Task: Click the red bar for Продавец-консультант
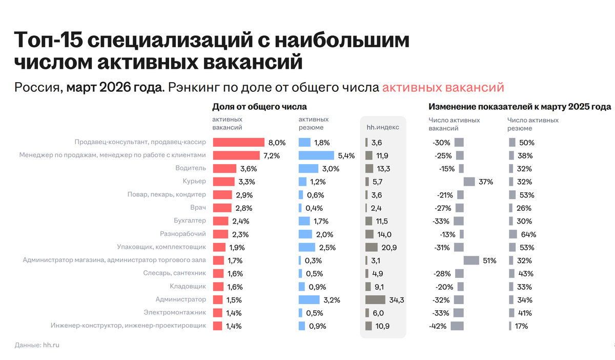pyautogui.click(x=239, y=143)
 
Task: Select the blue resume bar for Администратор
pyautogui.click(x=309, y=299)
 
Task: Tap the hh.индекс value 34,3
pyautogui.click(x=397, y=300)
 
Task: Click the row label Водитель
pyautogui.click(x=191, y=168)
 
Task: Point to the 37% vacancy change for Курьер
pyautogui.click(x=486, y=182)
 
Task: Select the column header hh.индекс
pyautogui.click(x=383, y=127)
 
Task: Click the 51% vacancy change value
pyautogui.click(x=489, y=261)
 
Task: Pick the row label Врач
pyautogui.click(x=198, y=208)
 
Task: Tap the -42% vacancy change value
pyautogui.click(x=438, y=326)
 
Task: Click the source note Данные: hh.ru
pyautogui.click(x=37, y=345)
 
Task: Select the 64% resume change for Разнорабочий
pyautogui.click(x=528, y=234)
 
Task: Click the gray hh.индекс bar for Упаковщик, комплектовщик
pyautogui.click(x=372, y=247)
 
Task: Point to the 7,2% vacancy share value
pyautogui.click(x=272, y=156)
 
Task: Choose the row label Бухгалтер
pyautogui.click(x=190, y=221)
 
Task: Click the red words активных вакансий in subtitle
pyautogui.click(x=443, y=87)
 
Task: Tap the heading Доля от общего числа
pyautogui.click(x=259, y=107)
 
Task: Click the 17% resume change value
pyautogui.click(x=521, y=326)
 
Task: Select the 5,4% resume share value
pyautogui.click(x=346, y=156)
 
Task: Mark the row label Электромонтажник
pyautogui.click(x=175, y=312)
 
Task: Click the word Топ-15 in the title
pyautogui.click(x=49, y=40)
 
